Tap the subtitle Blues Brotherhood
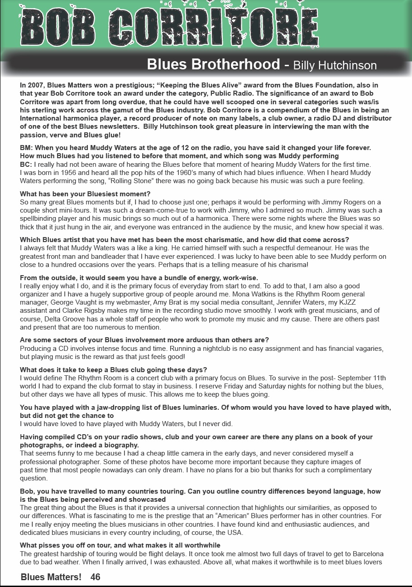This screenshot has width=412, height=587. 213,64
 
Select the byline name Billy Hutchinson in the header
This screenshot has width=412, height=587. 335,65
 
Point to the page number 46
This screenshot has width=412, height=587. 95,577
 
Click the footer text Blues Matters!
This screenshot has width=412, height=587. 51,577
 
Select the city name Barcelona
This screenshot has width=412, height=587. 364,554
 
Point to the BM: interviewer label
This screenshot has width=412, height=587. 26,148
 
